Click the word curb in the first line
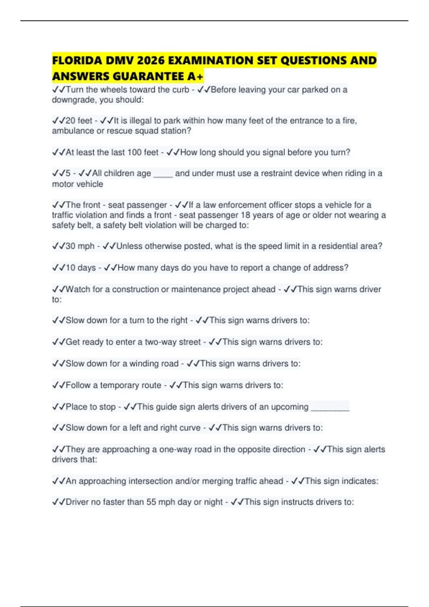pos(181,90)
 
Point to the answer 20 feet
pos(79,121)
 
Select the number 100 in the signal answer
pos(134,152)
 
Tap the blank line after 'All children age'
pos(163,174)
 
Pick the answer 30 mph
pos(80,246)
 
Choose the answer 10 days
pos(81,268)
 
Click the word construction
pos(135,289)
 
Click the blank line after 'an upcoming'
pos(330,407)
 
